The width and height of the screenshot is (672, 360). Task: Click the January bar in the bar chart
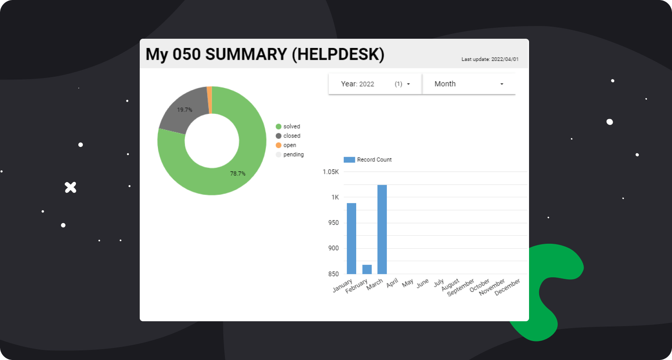click(351, 238)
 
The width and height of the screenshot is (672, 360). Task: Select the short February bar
click(367, 269)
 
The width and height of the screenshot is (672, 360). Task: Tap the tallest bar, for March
click(382, 229)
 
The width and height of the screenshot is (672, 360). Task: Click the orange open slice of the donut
click(209, 100)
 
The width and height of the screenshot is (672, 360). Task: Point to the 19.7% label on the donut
click(185, 110)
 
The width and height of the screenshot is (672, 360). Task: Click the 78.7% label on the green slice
click(237, 174)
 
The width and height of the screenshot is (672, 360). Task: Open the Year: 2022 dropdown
click(375, 84)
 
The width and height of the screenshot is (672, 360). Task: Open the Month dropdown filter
click(469, 84)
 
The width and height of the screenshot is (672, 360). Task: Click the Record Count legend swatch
click(349, 160)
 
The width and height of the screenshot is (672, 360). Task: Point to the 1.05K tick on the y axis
click(331, 172)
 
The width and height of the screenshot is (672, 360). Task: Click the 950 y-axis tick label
click(334, 223)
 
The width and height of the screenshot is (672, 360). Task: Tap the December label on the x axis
click(507, 287)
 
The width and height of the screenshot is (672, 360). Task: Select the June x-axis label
click(422, 283)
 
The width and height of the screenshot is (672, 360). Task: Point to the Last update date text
click(490, 59)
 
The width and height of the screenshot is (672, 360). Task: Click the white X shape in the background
click(71, 187)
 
